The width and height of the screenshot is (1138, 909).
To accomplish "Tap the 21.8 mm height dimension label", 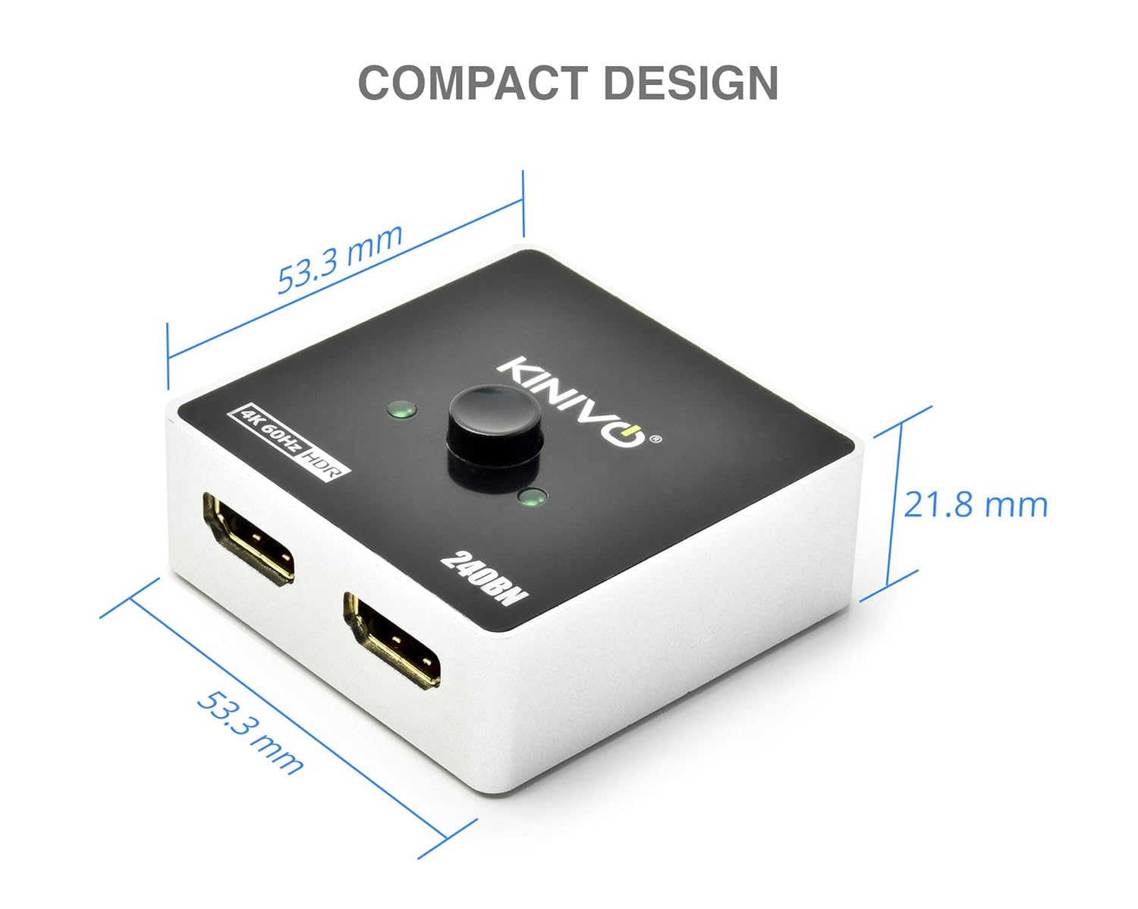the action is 975,504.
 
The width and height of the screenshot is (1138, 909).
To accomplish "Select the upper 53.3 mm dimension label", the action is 339,258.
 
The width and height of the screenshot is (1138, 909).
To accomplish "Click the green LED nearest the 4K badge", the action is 401,411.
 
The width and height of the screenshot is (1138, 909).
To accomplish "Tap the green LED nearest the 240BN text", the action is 531,498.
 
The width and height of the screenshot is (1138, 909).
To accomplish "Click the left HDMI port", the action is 249,538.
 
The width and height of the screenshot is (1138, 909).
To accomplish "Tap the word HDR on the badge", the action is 325,462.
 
